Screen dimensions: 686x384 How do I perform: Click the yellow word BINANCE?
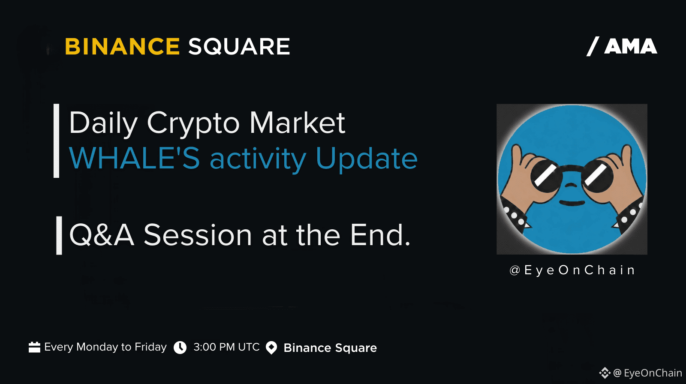pyautogui.click(x=122, y=47)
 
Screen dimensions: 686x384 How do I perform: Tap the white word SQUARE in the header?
pyautogui.click(x=239, y=47)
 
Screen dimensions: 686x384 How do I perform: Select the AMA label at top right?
pyautogui.click(x=630, y=47)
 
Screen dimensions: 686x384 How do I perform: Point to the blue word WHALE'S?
pyautogui.click(x=135, y=158)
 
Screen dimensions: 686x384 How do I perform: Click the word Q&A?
pyautogui.click(x=102, y=235)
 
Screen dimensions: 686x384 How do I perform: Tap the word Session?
pyautogui.click(x=198, y=235)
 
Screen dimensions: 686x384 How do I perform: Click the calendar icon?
pyautogui.click(x=34, y=347)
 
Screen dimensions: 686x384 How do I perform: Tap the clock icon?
pyautogui.click(x=180, y=348)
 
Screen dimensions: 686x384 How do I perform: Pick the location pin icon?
pyautogui.click(x=271, y=348)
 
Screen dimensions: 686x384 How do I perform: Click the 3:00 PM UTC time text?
pyautogui.click(x=227, y=347)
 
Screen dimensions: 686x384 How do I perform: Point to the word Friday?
pyautogui.click(x=150, y=347)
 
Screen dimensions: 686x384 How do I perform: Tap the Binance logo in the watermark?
pyautogui.click(x=605, y=373)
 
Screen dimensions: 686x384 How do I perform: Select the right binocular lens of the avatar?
pyautogui.click(x=598, y=176)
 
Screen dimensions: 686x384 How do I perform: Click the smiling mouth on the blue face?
pyautogui.click(x=572, y=203)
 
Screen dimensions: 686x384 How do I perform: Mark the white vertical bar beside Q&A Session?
pyautogui.click(x=59, y=235)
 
